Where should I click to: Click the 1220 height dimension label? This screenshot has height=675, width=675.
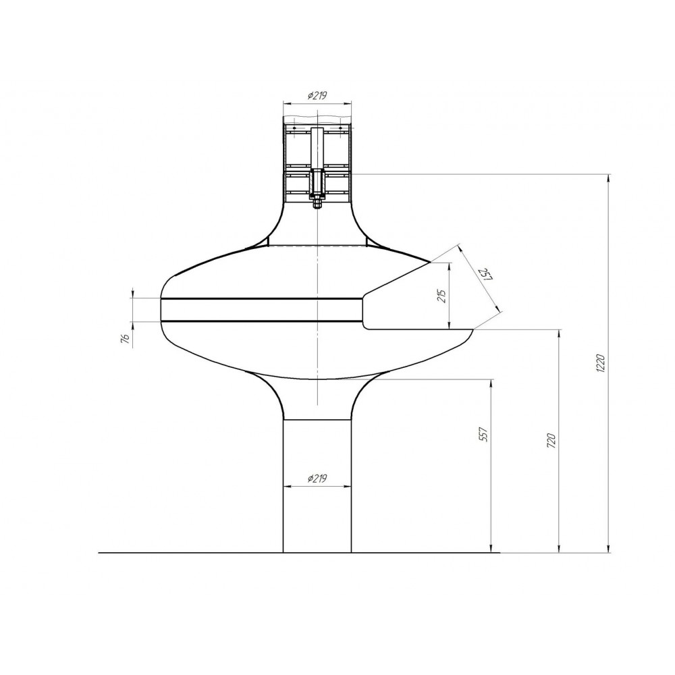tap(602, 364)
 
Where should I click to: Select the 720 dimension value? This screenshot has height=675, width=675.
tap(551, 441)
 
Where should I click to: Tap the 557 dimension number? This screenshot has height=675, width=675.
tap(483, 435)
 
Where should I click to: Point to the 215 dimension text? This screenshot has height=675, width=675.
tap(442, 296)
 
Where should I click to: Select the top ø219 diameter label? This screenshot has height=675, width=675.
tap(317, 96)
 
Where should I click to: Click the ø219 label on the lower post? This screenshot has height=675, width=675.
tap(317, 479)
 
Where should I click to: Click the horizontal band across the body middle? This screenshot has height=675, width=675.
tap(261, 310)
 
